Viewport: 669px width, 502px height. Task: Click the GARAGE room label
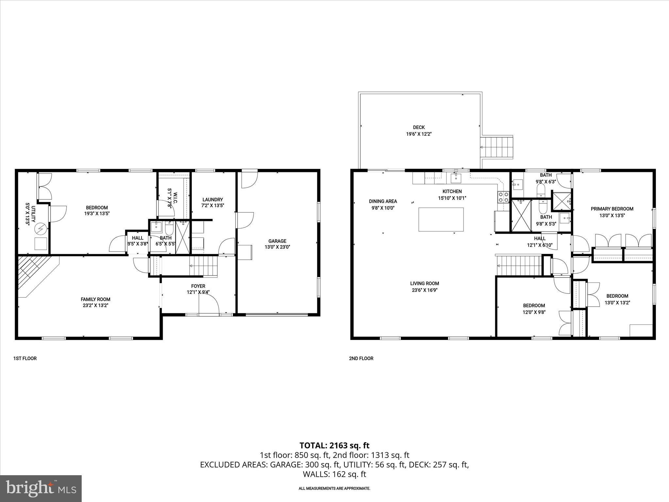point(277,241)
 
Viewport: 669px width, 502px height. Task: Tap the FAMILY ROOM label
point(95,299)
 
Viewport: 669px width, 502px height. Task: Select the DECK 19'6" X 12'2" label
point(419,131)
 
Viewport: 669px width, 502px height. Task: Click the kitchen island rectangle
point(441,219)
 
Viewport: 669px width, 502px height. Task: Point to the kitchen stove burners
point(503,197)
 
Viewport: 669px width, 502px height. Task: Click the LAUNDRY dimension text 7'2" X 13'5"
point(213,206)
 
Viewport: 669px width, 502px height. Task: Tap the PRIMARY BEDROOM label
point(612,209)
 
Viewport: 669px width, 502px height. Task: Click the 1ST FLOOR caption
point(25,359)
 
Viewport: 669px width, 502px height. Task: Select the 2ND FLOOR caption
point(361,359)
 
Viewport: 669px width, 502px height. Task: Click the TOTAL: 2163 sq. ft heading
point(334,445)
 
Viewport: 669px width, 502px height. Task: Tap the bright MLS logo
point(41,488)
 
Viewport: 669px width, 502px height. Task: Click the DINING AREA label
point(383,201)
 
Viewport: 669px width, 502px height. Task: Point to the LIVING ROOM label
point(424,284)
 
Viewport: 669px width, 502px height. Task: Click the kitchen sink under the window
point(456,178)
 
